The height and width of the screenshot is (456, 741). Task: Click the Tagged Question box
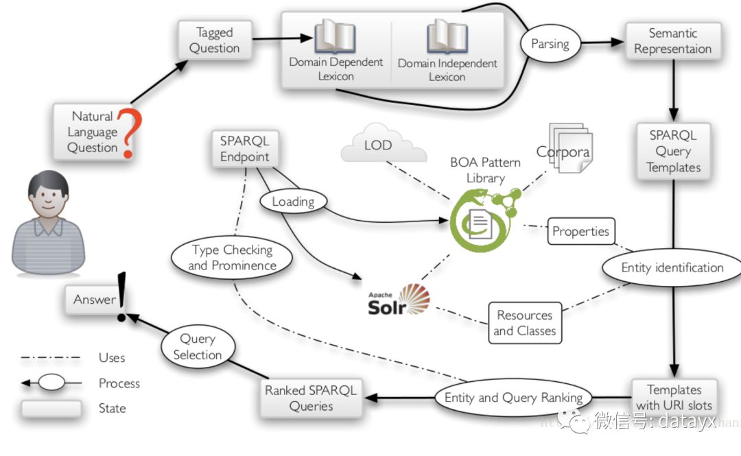214,40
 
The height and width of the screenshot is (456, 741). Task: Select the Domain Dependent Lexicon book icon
335,36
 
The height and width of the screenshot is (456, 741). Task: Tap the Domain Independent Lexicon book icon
447,36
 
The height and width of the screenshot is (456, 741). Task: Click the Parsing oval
550,44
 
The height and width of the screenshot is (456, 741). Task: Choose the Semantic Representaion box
672,41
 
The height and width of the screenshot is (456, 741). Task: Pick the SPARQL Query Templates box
673,152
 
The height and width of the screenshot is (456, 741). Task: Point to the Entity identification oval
672,267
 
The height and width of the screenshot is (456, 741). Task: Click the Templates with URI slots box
674,397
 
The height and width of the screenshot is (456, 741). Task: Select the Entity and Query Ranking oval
513,398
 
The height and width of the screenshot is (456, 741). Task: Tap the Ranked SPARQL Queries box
310,398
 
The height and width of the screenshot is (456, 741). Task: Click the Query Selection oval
197,346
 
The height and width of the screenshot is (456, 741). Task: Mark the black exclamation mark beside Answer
122,296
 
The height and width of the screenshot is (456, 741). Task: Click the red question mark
126,132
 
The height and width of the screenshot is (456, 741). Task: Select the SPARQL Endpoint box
244,149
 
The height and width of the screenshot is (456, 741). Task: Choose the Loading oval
293,202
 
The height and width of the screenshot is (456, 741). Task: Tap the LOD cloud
378,143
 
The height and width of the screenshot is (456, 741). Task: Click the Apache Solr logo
399,300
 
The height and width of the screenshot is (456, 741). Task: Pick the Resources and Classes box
524,323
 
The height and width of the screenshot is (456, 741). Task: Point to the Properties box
580,232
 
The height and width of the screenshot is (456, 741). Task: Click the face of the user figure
48,199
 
